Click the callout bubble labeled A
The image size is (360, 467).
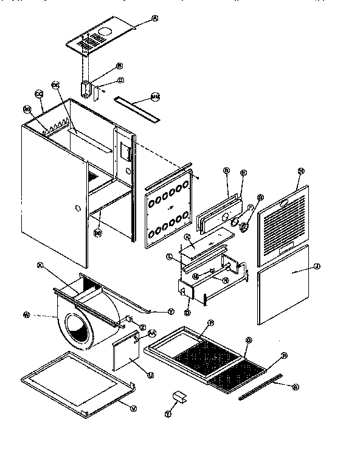(x=154, y=19)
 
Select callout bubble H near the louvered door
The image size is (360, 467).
(x=300, y=171)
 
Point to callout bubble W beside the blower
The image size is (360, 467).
(x=27, y=314)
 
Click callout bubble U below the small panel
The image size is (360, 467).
(x=151, y=375)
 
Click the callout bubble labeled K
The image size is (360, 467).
(x=187, y=236)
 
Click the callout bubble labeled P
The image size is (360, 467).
(x=211, y=322)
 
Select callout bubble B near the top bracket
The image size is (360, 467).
(x=119, y=66)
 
